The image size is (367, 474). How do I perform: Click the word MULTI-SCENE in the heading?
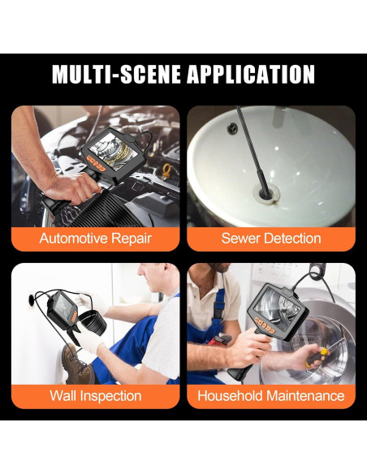point(117,74)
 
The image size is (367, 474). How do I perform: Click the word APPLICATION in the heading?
point(251,74)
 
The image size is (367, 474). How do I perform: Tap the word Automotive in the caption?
point(73,238)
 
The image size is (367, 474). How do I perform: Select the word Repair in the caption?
point(132,239)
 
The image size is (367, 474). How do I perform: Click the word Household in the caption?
point(230,396)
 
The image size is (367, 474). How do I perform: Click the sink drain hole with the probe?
point(266,193)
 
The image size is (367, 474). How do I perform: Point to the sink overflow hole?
point(232,128)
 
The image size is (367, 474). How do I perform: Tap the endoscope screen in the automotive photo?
point(114,152)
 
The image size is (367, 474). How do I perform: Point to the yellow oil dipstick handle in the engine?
point(166,170)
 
